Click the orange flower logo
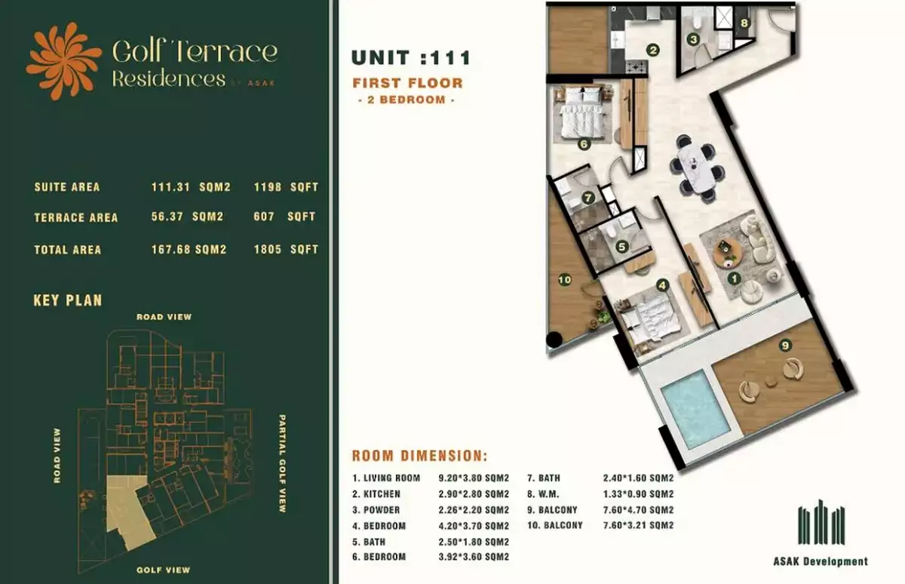63,60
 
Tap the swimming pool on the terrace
695,410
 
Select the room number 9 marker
785,345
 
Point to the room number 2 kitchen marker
653,50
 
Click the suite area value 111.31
170,186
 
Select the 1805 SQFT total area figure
286,249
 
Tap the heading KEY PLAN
68,300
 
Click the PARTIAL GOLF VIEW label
282,463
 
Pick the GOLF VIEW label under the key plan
163,570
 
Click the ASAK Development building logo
821,522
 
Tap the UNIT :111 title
411,58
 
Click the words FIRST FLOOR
408,83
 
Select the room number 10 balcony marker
565,280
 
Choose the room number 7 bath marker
587,198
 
